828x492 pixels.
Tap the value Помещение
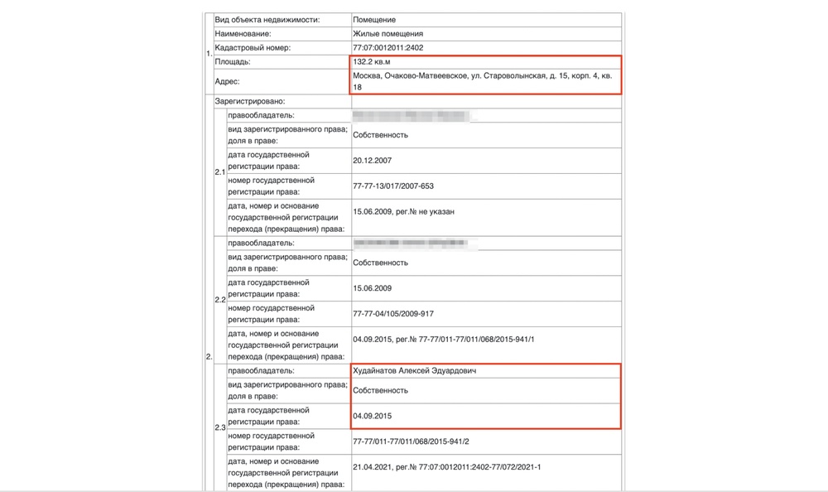click(373, 19)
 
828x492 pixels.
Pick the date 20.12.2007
click(372, 161)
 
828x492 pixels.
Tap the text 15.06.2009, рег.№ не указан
click(403, 211)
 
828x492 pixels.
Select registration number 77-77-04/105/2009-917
click(393, 313)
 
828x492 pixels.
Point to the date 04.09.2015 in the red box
click(372, 416)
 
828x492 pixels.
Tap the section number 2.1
click(220, 172)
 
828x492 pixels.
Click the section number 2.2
click(220, 299)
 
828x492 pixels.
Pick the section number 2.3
click(220, 427)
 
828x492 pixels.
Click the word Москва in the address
click(368, 76)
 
